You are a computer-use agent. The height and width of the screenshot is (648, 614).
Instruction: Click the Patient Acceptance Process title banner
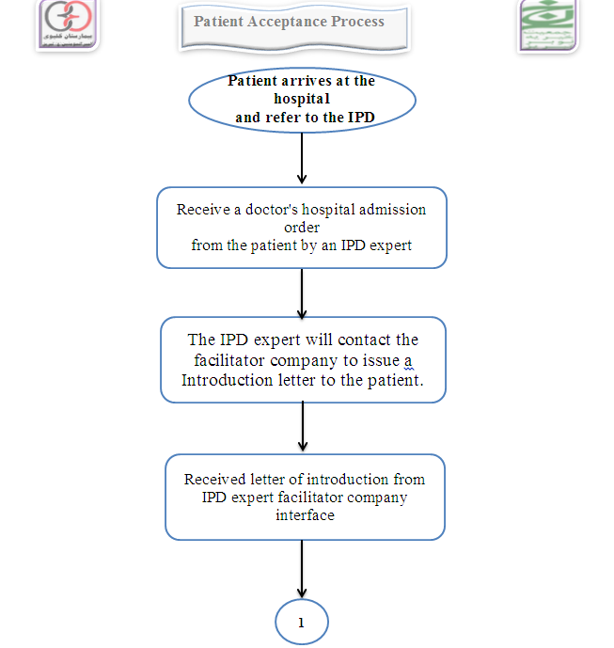[x=294, y=25]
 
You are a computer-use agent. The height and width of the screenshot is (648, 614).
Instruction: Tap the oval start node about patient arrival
[x=301, y=99]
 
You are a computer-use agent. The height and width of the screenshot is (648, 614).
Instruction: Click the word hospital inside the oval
[x=301, y=99]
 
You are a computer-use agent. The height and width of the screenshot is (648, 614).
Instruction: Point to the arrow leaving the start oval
[x=302, y=158]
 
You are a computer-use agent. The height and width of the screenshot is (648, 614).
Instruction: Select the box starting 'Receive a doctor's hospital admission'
[x=301, y=228]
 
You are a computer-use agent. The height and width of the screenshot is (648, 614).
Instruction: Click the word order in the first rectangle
[x=301, y=228]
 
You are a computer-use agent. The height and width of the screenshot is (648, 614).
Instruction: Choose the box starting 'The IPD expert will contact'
[x=301, y=360]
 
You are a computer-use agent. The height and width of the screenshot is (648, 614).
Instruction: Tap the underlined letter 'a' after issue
[x=409, y=360]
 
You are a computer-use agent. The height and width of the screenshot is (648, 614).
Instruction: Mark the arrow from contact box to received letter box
[x=302, y=428]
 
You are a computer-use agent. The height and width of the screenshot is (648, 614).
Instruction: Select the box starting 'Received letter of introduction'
[x=305, y=498]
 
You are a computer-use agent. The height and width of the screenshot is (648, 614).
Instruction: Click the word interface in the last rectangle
[x=305, y=515]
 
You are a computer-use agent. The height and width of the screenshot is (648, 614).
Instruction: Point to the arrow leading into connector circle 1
[x=302, y=569]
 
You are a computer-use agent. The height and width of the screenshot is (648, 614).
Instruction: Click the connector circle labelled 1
[x=302, y=623]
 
